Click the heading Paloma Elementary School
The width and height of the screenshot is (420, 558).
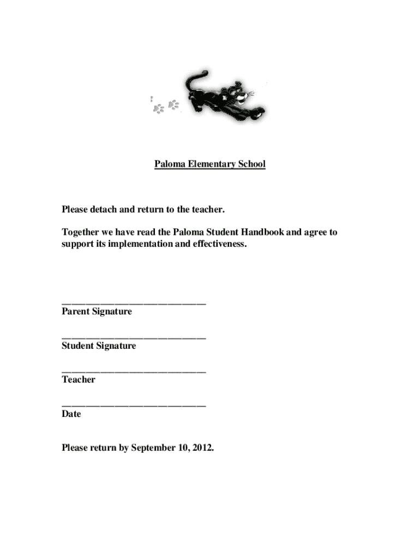coord(209,164)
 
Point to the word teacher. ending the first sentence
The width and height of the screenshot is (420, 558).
coord(207,209)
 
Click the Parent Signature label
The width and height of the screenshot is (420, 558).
coord(97,312)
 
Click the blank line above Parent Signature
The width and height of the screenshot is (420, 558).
coord(134,303)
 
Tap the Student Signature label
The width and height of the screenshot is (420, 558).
coord(99,346)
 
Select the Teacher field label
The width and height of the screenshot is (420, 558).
coord(79,380)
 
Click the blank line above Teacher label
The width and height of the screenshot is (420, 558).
coord(134,372)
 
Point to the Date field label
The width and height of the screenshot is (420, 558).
coord(71,414)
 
